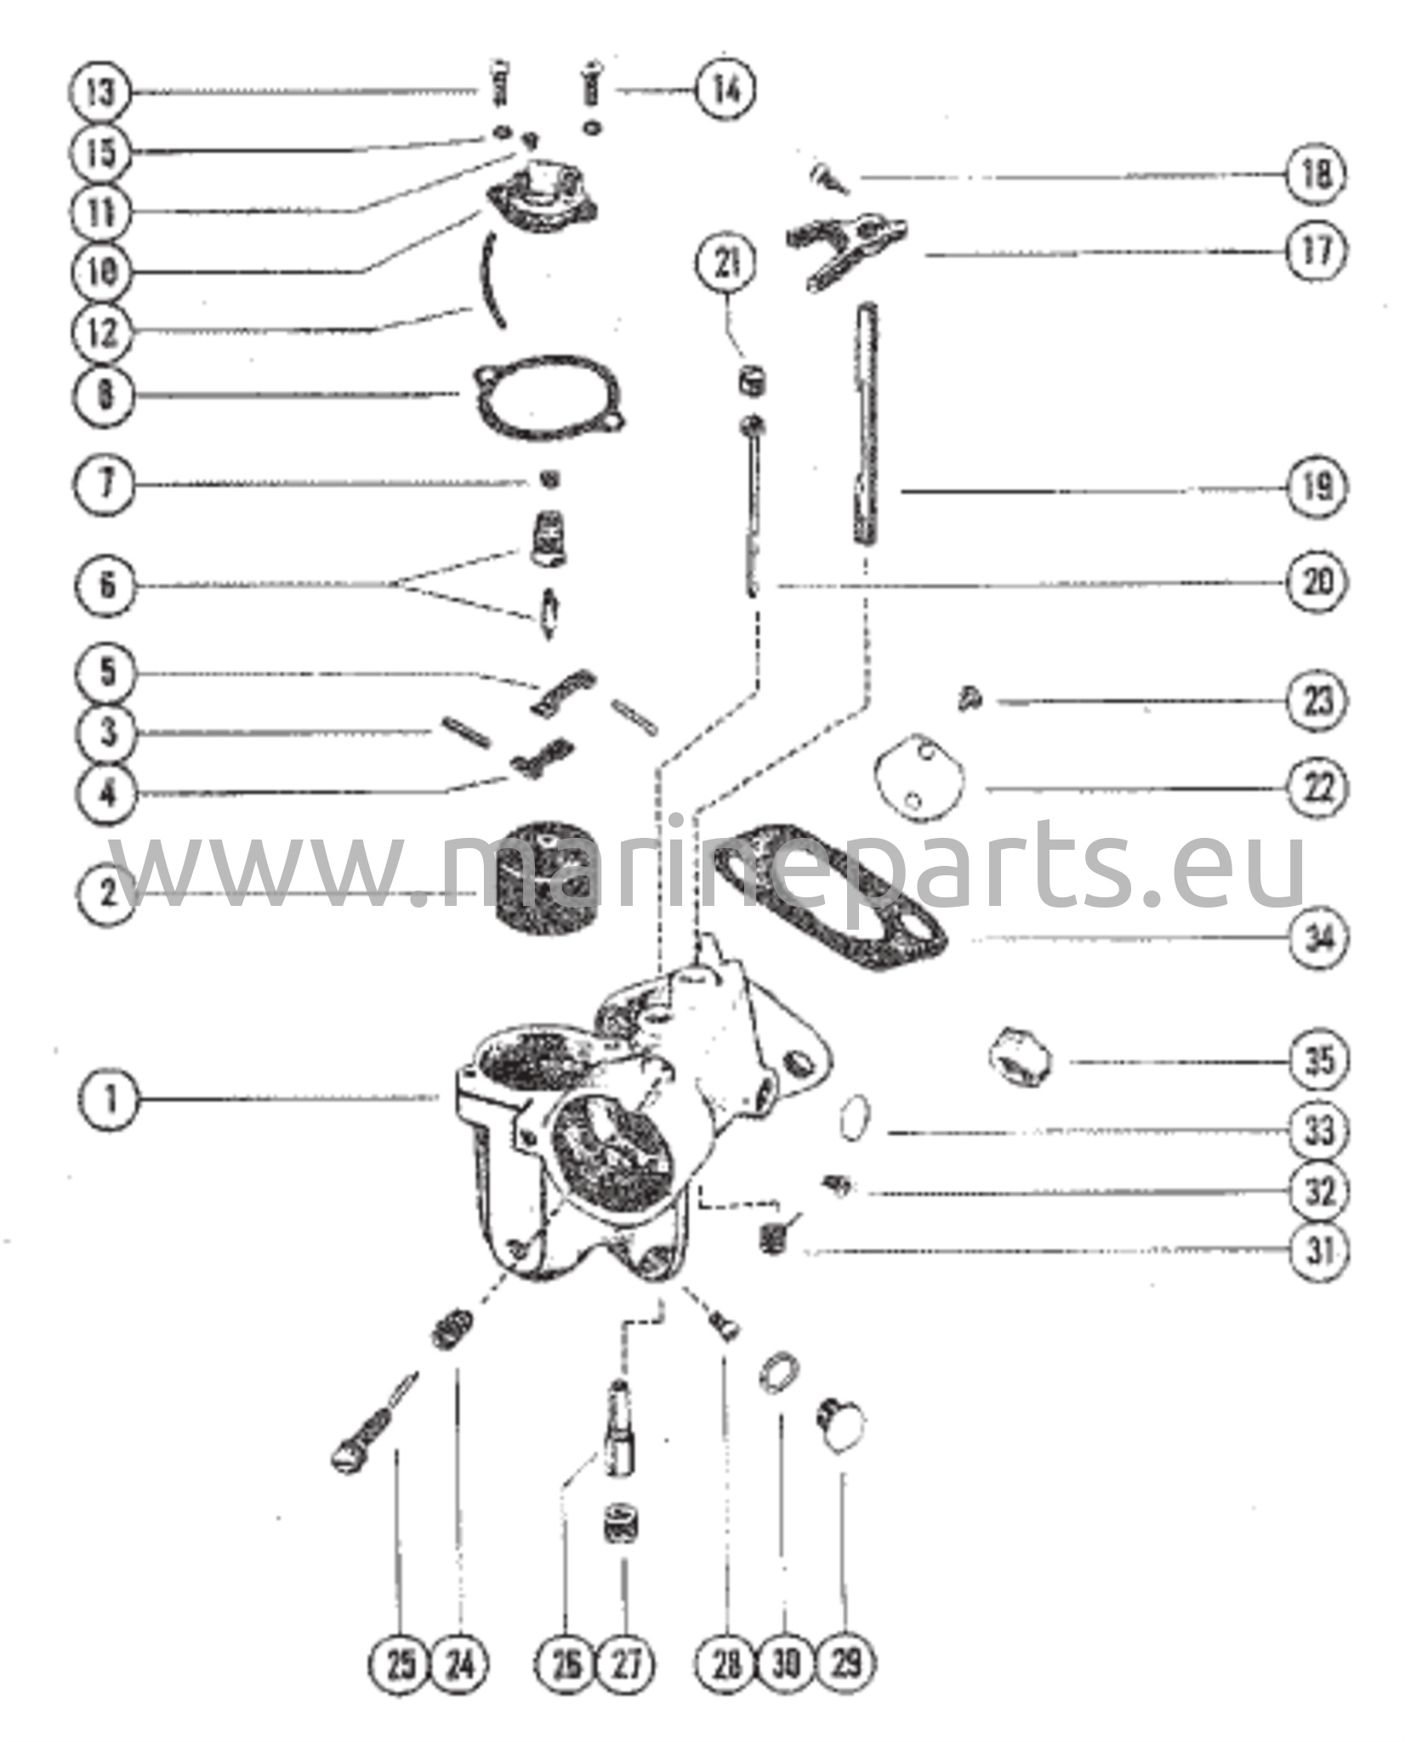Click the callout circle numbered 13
pyautogui.click(x=99, y=91)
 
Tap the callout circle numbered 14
pyautogui.click(x=725, y=88)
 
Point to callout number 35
pyautogui.click(x=1318, y=1061)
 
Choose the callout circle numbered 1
pyautogui.click(x=105, y=1098)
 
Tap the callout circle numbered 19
pyautogui.click(x=1317, y=488)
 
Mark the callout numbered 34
pyautogui.click(x=1318, y=939)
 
